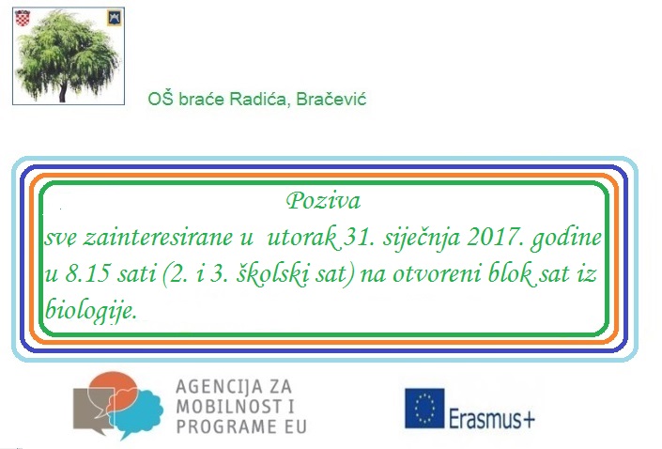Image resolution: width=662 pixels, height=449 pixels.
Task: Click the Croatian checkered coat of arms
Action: tap(23, 18)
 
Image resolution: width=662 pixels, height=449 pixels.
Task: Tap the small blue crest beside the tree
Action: tap(115, 18)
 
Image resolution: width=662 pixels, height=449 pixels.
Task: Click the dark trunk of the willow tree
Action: tap(63, 91)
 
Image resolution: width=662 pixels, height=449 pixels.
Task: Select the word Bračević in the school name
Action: tap(331, 100)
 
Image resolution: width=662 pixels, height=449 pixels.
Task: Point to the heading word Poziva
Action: tap(323, 201)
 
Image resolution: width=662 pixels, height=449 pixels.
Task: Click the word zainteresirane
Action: tap(158, 237)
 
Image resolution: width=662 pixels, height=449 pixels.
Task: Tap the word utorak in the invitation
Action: tap(301, 238)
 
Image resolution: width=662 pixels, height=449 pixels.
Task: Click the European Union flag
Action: tap(424, 409)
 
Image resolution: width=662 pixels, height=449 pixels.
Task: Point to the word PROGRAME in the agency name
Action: tap(223, 426)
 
